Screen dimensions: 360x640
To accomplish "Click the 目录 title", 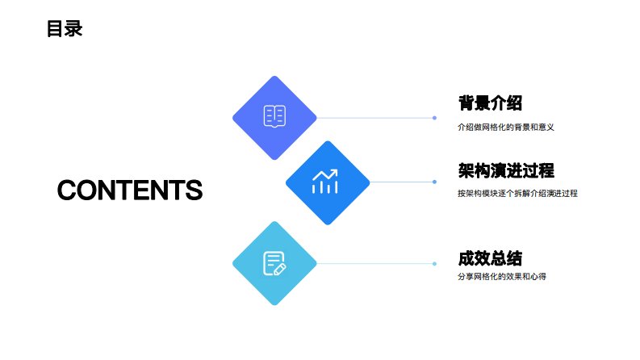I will click(65, 29).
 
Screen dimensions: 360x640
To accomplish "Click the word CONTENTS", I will click(130, 190).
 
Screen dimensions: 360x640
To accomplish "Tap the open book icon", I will click(274, 117).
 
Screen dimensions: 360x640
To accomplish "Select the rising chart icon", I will click(327, 182).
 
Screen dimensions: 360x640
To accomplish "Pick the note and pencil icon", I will click(274, 263).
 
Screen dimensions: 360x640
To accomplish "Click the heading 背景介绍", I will click(490, 103).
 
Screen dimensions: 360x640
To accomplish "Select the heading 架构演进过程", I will click(506, 170).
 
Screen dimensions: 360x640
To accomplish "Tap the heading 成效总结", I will click(490, 259).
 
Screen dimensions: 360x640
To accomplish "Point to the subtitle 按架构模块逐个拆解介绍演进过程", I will click(517, 194).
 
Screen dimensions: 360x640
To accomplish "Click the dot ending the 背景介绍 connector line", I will click(434, 118).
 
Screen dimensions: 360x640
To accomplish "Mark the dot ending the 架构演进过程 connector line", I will click(434, 182).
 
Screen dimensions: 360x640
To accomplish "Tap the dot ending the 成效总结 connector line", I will click(434, 264).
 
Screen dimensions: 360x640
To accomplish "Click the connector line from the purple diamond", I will click(375, 118).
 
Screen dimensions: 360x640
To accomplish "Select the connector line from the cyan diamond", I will click(375, 264).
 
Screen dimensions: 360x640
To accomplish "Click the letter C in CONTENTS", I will click(68, 190).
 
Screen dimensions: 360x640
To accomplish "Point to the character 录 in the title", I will click(73, 29).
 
